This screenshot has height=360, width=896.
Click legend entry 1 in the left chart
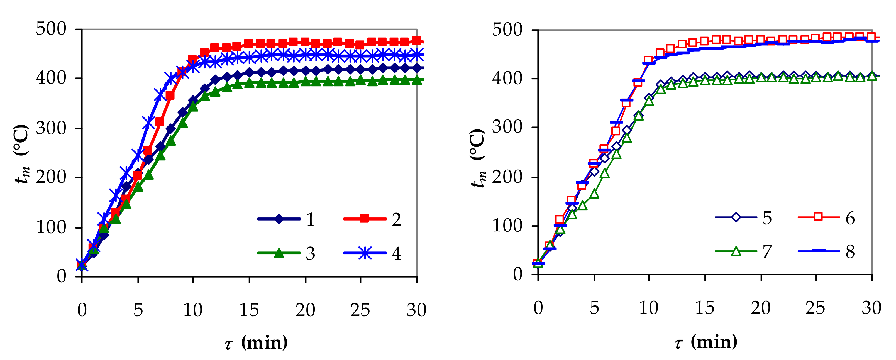pyautogui.click(x=286, y=219)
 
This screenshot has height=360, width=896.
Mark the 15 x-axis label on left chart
pyautogui.click(x=249, y=310)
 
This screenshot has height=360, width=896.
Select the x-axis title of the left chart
pyautogui.click(x=256, y=343)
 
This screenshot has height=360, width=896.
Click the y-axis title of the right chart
pyautogui.click(x=478, y=158)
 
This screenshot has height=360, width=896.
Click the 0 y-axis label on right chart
pyautogui.click(x=517, y=275)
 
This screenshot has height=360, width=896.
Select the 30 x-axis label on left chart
pyautogui.click(x=416, y=310)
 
